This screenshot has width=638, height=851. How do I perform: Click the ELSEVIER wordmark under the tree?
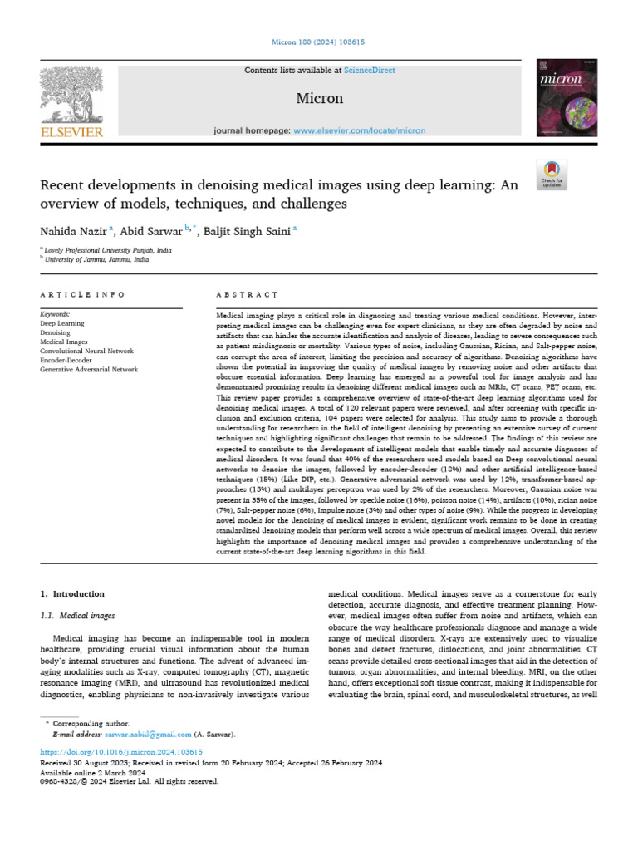(71, 131)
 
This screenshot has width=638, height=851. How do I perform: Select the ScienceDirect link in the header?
(371, 71)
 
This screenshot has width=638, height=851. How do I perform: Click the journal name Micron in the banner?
(319, 98)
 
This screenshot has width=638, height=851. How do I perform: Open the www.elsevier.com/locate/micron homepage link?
(359, 130)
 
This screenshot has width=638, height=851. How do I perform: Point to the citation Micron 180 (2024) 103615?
(319, 42)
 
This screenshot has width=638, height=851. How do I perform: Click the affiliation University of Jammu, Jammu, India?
(98, 259)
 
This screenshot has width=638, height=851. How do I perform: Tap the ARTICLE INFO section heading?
(82, 295)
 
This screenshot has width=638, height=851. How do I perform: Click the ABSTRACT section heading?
(246, 295)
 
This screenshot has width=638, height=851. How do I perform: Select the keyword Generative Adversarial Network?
(89, 369)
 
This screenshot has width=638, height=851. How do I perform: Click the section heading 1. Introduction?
(73, 594)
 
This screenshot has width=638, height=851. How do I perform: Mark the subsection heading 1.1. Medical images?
(77, 616)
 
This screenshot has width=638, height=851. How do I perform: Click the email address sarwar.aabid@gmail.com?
(148, 735)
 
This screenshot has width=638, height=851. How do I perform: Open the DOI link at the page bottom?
(121, 751)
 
